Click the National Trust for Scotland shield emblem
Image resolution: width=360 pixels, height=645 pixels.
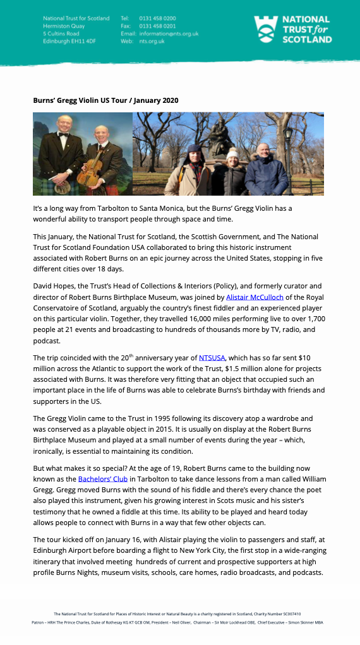(x=266, y=29)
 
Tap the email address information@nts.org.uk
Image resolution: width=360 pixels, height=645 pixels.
(x=169, y=33)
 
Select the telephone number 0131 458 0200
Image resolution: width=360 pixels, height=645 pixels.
(x=157, y=18)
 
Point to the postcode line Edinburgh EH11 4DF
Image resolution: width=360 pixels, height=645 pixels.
(x=69, y=41)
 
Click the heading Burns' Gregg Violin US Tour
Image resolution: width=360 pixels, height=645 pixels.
(x=87, y=100)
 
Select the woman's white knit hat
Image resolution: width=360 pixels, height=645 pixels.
(x=232, y=153)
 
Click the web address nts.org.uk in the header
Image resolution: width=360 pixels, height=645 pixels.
(x=152, y=41)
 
